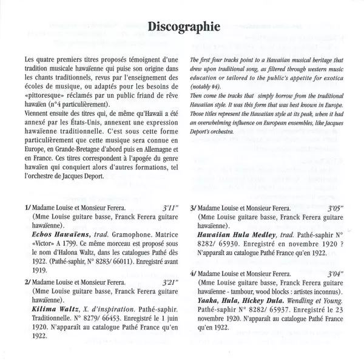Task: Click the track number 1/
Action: (x=29, y=208)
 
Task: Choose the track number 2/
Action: (x=29, y=265)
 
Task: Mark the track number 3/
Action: (x=194, y=208)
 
